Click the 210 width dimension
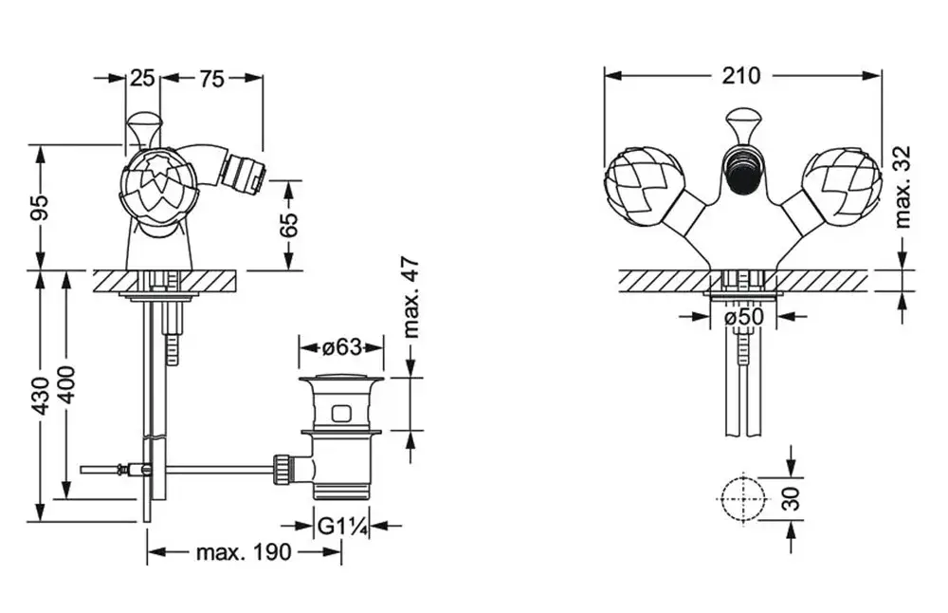740,76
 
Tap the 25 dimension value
143,78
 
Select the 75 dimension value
211,79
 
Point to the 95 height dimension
40,208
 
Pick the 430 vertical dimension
40,397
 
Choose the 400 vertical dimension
66,385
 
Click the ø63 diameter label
341,347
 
